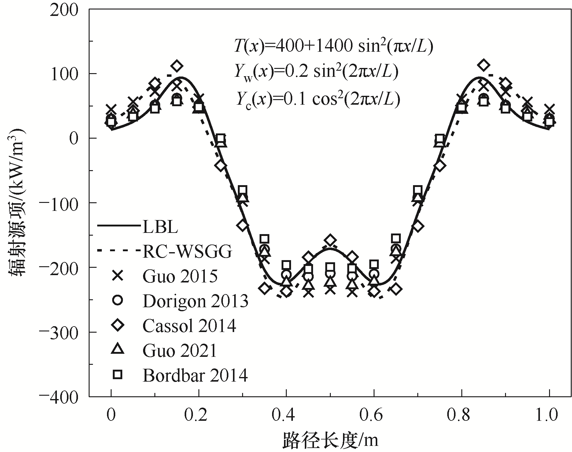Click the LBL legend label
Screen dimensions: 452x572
point(160,227)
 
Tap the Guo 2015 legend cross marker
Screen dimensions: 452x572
point(118,276)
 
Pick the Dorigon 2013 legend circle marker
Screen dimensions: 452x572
point(118,301)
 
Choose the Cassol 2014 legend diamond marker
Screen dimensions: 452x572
point(118,326)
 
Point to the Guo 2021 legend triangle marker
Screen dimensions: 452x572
point(118,349)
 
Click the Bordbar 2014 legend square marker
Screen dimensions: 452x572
point(118,374)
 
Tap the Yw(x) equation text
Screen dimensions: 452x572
point(316,73)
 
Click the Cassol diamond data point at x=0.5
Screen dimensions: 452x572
point(330,241)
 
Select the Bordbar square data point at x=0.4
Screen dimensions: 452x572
point(286,265)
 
